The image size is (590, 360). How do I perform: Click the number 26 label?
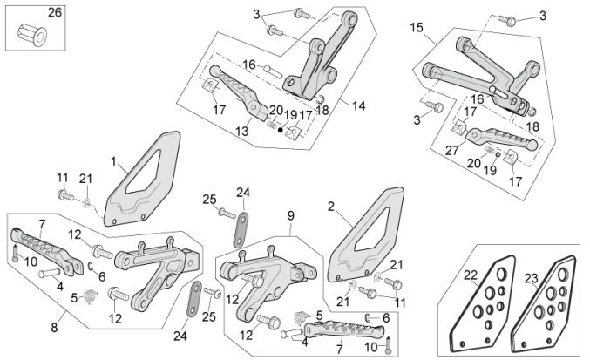tap(54, 12)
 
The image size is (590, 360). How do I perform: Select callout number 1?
tap(112, 161)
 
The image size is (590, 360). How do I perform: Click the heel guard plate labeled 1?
tap(143, 184)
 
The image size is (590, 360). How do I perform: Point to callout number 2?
tap(330, 207)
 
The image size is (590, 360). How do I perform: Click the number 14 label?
tap(358, 105)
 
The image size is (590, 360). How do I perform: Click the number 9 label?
tap(291, 214)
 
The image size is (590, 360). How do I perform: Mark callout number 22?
tap(471, 275)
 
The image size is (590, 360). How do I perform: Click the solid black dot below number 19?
tap(280, 130)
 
